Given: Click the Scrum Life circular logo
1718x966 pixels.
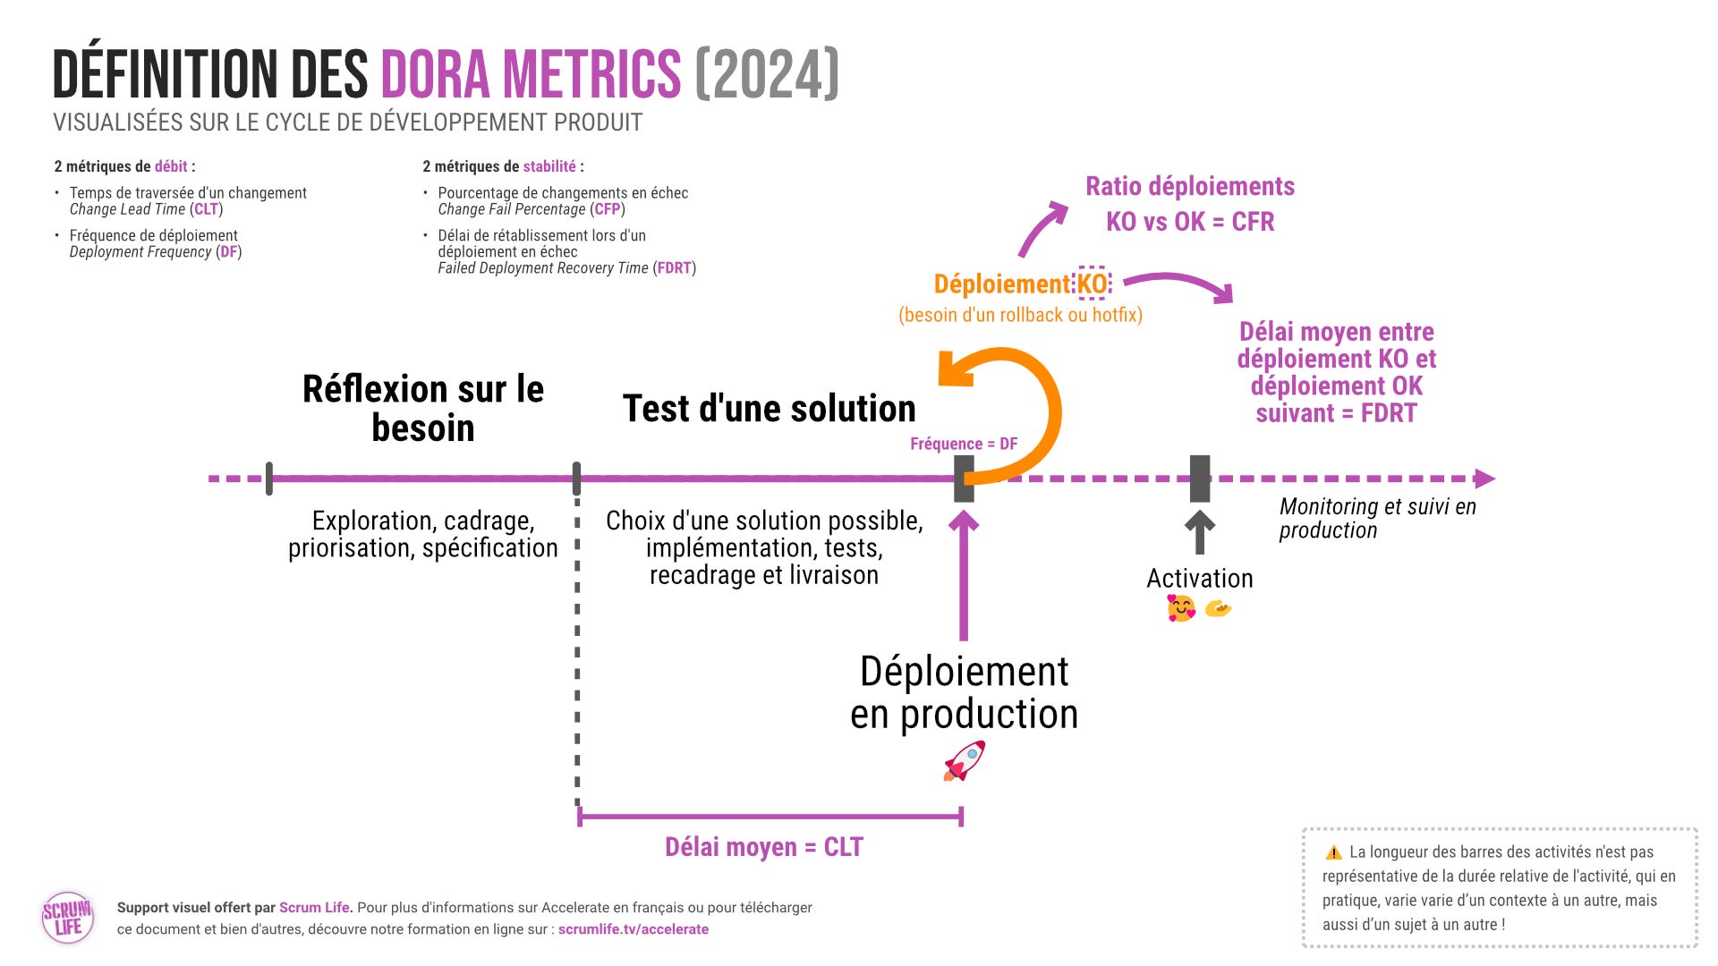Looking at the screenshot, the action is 68,917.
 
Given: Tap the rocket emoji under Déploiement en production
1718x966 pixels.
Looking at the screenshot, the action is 964,761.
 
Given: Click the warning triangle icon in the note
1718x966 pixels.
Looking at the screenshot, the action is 1333,852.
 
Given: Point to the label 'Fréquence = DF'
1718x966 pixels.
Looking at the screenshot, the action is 964,444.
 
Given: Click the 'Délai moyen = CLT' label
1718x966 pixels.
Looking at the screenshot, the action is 763,847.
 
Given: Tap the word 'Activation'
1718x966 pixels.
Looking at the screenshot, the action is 1199,579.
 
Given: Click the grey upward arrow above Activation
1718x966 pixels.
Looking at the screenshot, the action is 1199,531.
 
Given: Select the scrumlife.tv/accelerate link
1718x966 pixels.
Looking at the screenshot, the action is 634,929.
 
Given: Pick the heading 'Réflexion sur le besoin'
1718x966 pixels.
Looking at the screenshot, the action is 423,408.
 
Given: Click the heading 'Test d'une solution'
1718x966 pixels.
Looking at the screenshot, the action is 769,409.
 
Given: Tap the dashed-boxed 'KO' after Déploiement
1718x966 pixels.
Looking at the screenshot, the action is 1092,284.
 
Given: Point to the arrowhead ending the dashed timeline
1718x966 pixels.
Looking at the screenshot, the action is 1484,479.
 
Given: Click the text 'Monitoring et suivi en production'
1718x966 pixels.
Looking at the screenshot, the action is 1376,518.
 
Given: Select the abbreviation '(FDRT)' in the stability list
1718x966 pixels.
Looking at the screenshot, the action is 674,268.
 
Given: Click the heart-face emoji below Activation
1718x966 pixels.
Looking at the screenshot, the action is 1180,609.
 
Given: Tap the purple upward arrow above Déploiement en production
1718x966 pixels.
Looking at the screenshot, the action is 964,572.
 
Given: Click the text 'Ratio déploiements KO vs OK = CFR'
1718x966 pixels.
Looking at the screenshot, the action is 1190,204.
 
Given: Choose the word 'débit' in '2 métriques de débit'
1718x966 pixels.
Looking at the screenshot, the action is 171,166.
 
